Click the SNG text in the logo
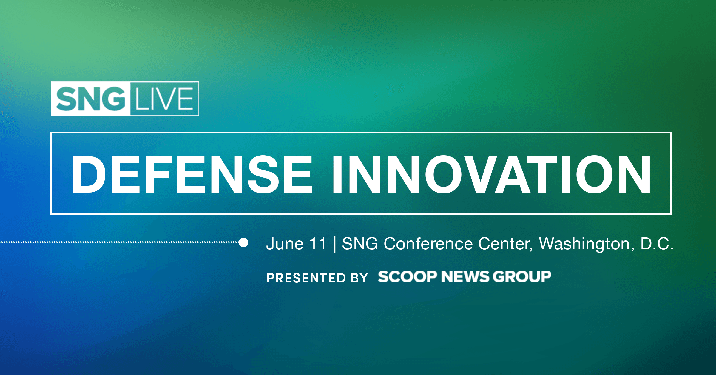tap(90, 99)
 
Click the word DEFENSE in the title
tap(192, 175)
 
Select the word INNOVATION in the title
tap(492, 175)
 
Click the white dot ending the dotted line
tap(243, 242)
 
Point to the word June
tap(285, 244)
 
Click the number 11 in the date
tap(318, 244)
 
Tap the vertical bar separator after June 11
tap(335, 244)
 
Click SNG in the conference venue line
tap(360, 244)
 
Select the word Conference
tap(428, 244)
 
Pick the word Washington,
tap(587, 244)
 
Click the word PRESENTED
tap(306, 278)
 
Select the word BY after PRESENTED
tap(360, 278)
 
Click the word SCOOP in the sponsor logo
tap(408, 277)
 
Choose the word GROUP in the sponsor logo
tap(522, 277)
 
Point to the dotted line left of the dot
tap(119, 242)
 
